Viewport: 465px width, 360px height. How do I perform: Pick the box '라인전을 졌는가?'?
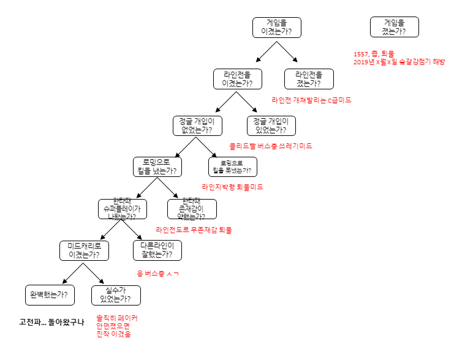tap(308, 78)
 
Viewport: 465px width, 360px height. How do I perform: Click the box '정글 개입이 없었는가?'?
tap(197, 125)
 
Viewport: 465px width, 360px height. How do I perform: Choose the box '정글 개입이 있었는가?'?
tap(270, 125)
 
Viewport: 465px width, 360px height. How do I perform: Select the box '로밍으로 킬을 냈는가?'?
tap(157, 166)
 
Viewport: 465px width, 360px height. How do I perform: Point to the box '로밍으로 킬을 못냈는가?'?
tap(232, 166)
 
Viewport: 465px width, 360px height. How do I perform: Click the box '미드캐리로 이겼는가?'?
tap(83, 250)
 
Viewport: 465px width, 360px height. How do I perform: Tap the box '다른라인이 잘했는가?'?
tap(157, 250)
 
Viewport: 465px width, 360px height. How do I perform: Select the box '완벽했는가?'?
tap(48, 294)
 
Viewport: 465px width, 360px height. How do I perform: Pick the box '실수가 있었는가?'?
tap(115, 294)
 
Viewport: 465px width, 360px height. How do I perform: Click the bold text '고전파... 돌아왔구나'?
tap(51, 322)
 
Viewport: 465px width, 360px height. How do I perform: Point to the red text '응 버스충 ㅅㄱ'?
tap(157, 273)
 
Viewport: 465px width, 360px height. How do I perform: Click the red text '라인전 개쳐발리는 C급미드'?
tap(311, 100)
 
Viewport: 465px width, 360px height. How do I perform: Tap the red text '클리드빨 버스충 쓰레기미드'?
tap(270, 146)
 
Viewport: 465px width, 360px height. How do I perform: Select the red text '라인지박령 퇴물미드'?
tap(232, 187)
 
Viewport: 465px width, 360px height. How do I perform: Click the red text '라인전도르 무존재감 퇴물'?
tap(194, 230)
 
